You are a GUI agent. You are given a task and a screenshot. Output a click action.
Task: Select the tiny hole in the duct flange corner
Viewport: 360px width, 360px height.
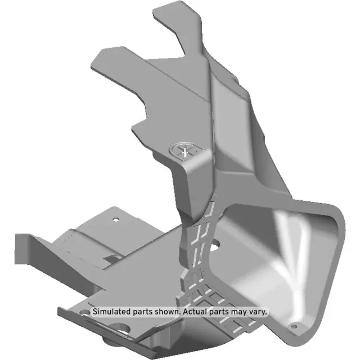tap(292, 325)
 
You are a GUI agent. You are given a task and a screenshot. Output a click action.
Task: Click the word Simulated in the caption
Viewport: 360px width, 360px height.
tap(112, 311)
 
